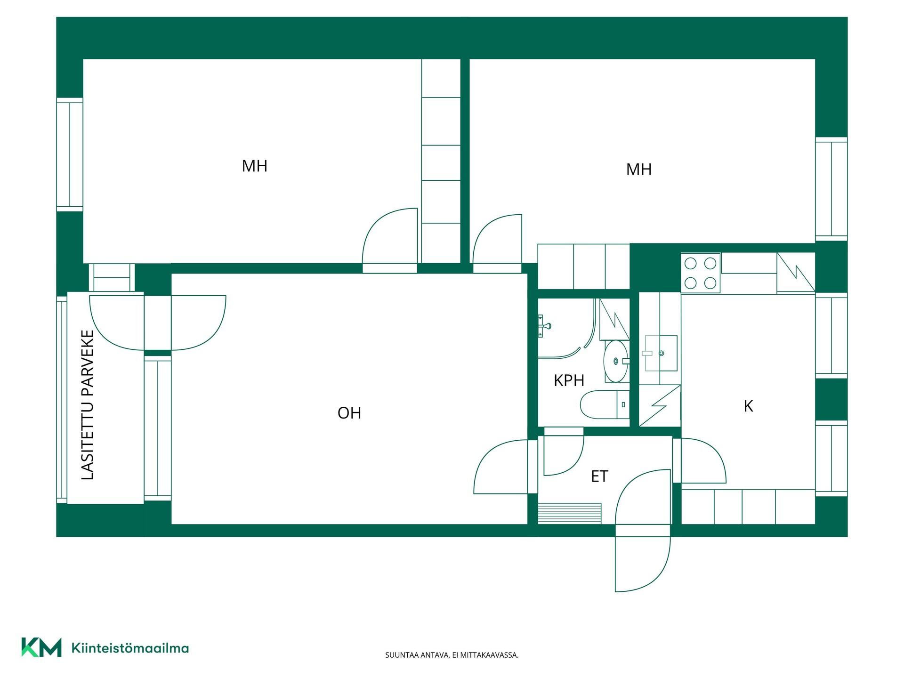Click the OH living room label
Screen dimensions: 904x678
[x=349, y=413]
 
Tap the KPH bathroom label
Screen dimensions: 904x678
[x=569, y=380]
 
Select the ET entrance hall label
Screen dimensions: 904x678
[x=599, y=476]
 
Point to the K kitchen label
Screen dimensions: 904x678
[x=748, y=406]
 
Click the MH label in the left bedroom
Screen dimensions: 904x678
[x=254, y=166]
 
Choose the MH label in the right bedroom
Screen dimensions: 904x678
[x=638, y=169]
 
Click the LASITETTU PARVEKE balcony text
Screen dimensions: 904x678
[x=88, y=405]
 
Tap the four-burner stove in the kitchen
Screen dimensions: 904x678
[x=700, y=273]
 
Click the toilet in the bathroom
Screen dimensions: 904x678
[x=605, y=404]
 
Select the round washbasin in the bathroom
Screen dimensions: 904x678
[x=616, y=361]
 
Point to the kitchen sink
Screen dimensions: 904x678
[x=661, y=353]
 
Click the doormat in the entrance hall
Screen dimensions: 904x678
[x=570, y=513]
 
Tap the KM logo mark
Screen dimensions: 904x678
[x=41, y=647]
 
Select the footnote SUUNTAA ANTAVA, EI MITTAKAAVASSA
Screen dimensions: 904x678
[x=452, y=655]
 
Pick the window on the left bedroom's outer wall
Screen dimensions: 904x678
[x=70, y=154]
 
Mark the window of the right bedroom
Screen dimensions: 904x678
[x=831, y=189]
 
